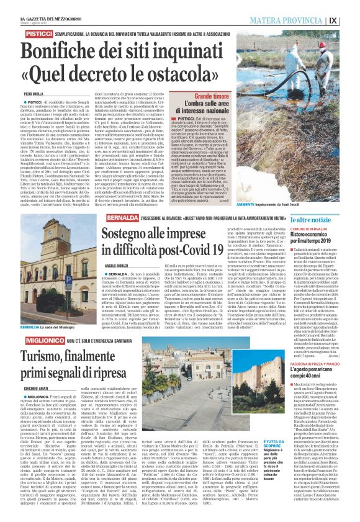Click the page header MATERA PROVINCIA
[x=294, y=20]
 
